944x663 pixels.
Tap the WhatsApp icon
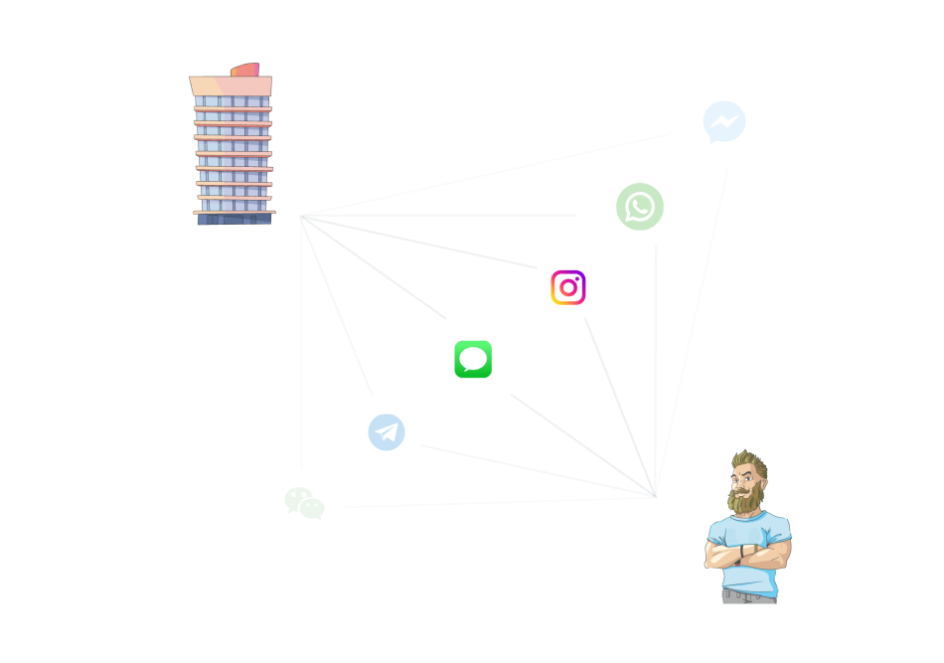(x=640, y=207)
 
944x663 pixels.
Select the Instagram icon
(x=568, y=287)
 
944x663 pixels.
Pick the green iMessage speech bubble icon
(x=473, y=359)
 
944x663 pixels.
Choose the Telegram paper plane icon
(x=387, y=432)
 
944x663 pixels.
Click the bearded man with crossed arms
(x=747, y=532)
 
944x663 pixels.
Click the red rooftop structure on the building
(x=245, y=71)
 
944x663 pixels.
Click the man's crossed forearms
(x=747, y=553)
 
